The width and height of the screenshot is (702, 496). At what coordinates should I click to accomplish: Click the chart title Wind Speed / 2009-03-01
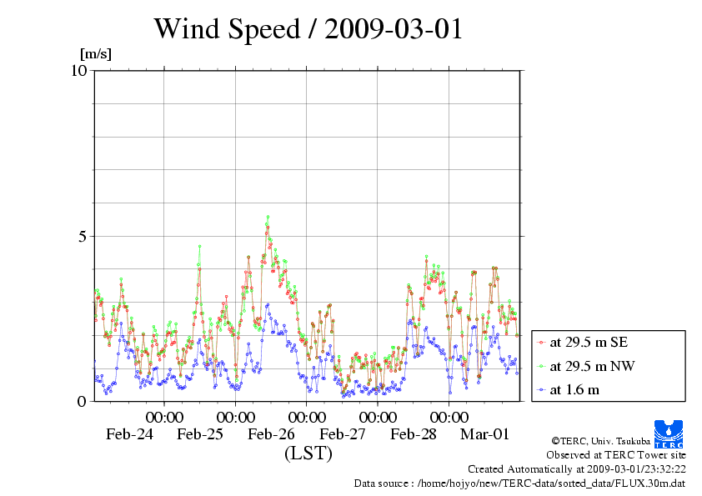click(308, 30)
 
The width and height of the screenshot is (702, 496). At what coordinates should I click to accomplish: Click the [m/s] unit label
click(95, 55)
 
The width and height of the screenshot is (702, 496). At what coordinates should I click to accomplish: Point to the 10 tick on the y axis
click(79, 70)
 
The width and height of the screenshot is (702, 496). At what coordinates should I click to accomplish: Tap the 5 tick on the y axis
click(83, 236)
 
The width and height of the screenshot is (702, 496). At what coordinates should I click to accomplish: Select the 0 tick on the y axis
click(83, 401)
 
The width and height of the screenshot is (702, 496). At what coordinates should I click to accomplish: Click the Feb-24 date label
click(130, 434)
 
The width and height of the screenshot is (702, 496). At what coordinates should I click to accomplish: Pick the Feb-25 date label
click(201, 434)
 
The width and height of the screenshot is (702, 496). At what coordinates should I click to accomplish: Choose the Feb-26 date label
click(272, 434)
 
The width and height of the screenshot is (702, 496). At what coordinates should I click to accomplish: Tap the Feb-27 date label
click(343, 434)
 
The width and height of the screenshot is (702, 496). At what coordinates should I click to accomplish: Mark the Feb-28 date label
click(414, 434)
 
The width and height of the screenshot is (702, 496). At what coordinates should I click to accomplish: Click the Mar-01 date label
click(485, 434)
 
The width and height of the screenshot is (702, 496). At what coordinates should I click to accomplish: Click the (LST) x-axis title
click(308, 454)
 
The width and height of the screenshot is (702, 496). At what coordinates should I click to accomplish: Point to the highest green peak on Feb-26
click(268, 217)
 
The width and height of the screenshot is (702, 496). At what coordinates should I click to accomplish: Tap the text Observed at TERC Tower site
click(616, 455)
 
